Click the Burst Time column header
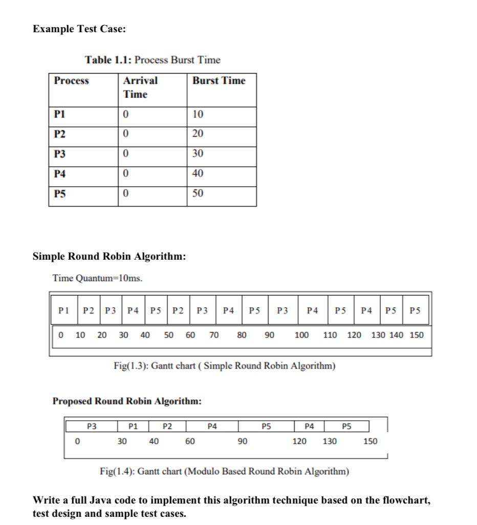(219, 81)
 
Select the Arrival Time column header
(140, 87)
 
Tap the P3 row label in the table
(60, 154)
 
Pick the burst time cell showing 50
(198, 194)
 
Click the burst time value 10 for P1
(198, 114)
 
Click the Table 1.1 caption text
(153, 60)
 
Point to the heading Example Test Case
(79, 29)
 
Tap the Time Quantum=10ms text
(97, 279)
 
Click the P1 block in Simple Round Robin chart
(63, 310)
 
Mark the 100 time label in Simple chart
(301, 335)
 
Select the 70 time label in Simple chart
(214, 335)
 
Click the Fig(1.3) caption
(224, 366)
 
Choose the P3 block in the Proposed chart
(92, 425)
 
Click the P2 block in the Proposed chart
(167, 425)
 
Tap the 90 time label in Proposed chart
(243, 441)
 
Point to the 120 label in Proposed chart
(299, 441)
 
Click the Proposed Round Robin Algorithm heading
(127, 401)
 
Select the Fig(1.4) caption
(224, 471)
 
